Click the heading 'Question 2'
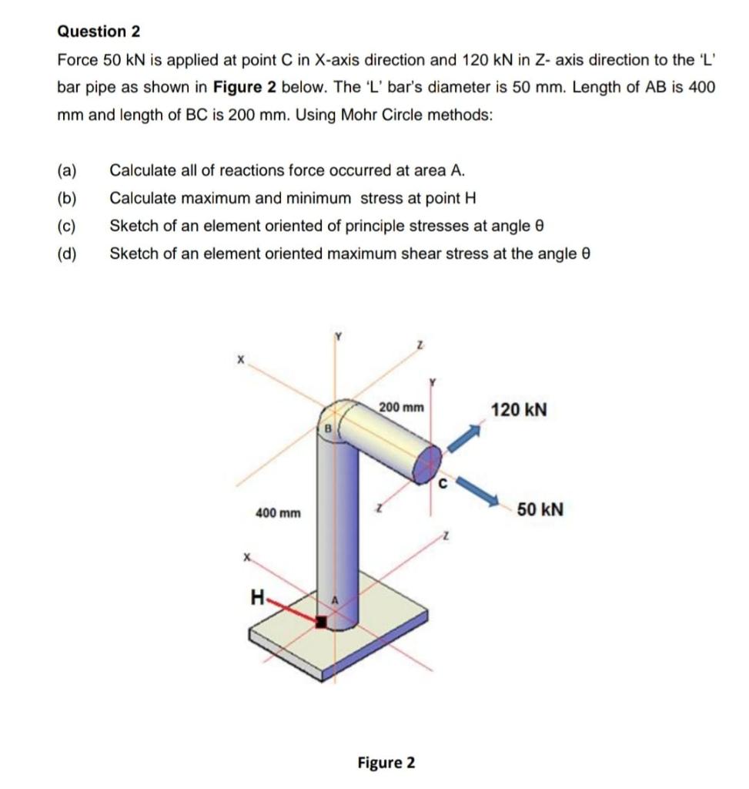click(99, 32)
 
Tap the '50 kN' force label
click(540, 509)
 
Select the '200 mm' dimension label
click(401, 407)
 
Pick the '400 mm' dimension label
click(278, 512)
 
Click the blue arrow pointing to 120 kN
click(463, 441)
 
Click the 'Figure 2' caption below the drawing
click(386, 763)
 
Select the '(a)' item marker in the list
click(67, 170)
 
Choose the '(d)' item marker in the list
click(67, 253)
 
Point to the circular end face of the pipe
click(427, 464)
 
